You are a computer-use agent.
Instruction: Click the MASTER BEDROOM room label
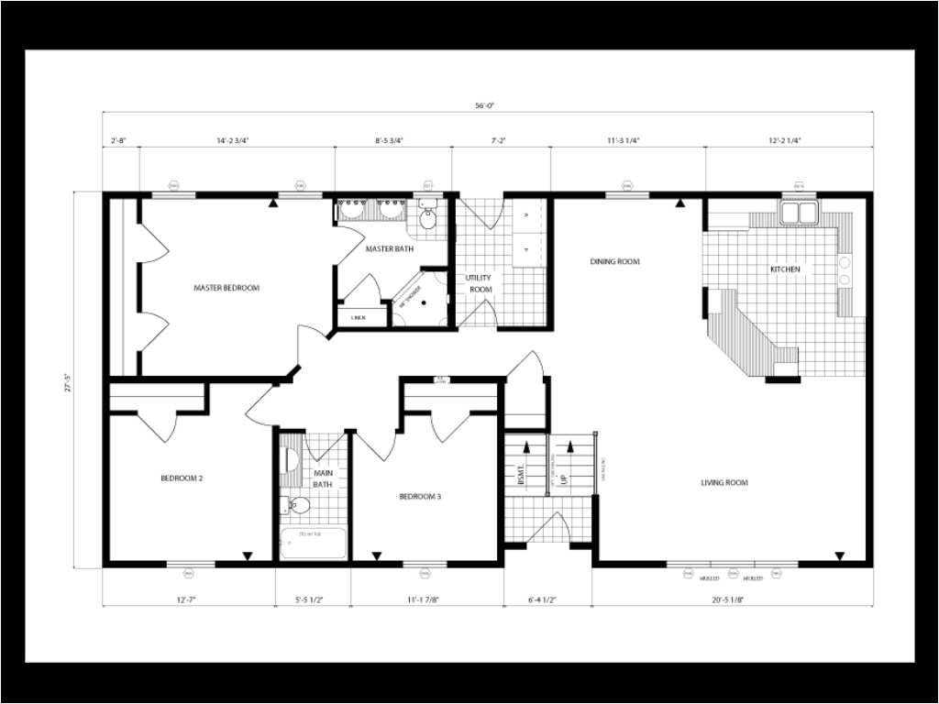(226, 288)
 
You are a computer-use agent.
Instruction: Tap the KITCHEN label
(784, 269)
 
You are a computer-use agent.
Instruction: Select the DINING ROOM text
(613, 262)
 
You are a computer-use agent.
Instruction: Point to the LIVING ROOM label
(724, 483)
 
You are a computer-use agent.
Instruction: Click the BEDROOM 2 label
(182, 478)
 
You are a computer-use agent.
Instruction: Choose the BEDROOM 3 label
(420, 497)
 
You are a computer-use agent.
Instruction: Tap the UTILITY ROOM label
(480, 283)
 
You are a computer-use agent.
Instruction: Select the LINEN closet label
(358, 317)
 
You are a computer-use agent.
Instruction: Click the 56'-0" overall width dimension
(485, 105)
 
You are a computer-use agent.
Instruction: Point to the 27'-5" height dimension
(67, 379)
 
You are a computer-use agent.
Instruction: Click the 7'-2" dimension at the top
(500, 141)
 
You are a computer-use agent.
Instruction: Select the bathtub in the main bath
(314, 543)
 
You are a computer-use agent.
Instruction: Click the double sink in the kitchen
(799, 214)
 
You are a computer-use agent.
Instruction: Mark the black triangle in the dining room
(679, 204)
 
